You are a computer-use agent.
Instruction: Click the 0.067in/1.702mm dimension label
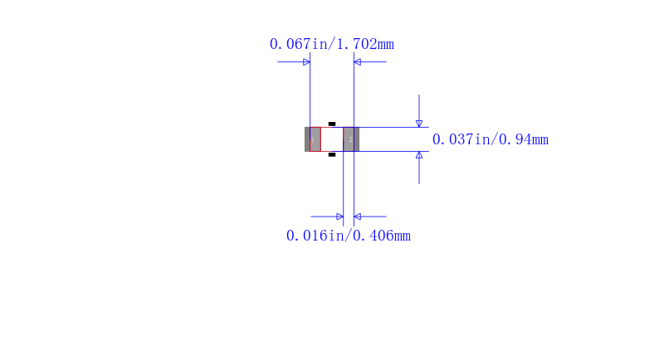click(x=331, y=44)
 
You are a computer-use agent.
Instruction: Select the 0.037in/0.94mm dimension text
click(x=490, y=139)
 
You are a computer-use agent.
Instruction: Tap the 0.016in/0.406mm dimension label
click(x=348, y=236)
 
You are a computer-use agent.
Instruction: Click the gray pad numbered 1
click(x=313, y=139)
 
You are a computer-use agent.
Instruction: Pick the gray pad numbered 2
click(x=351, y=139)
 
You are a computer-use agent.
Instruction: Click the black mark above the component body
click(x=332, y=124)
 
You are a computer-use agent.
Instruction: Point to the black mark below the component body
click(x=332, y=155)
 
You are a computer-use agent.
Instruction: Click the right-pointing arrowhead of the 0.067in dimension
click(x=306, y=62)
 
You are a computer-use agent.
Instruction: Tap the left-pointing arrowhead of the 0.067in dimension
click(x=358, y=62)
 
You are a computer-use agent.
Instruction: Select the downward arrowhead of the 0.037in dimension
click(x=419, y=124)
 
